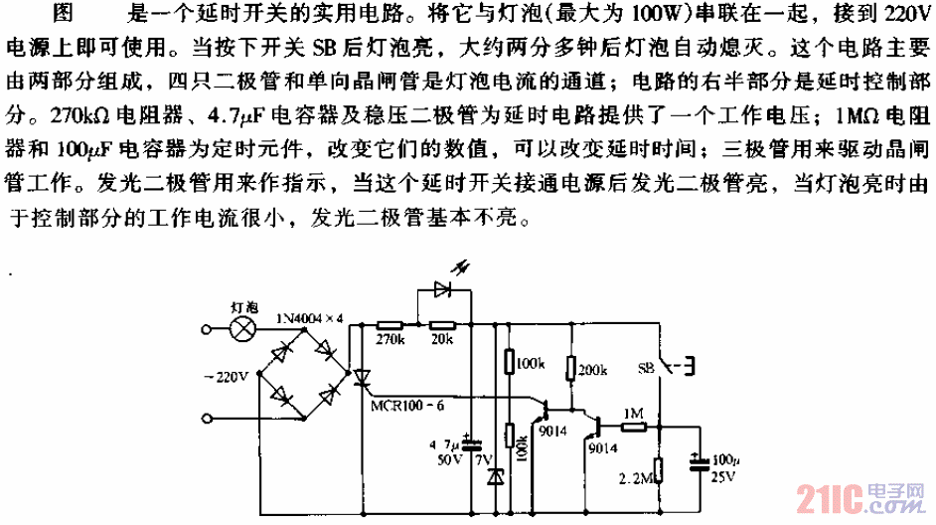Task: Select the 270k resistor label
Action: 389,340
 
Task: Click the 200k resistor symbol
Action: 570,369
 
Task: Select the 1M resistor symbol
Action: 632,426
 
